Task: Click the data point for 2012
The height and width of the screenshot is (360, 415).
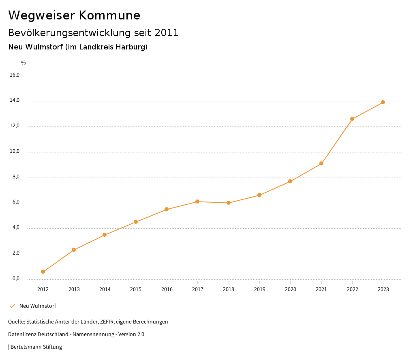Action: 43,272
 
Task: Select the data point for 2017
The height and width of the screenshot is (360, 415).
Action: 197,201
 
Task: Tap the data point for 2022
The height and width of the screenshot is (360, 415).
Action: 352,119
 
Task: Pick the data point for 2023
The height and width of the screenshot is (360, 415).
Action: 383,102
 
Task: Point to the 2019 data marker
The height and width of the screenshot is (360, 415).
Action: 259,195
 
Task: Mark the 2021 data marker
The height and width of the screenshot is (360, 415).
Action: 321,163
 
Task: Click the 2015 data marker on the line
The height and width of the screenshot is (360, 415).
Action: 136,222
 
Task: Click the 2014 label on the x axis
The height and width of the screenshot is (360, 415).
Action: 105,289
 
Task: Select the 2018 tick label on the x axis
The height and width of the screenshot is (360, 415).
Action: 229,289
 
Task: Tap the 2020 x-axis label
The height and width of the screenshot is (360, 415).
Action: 290,289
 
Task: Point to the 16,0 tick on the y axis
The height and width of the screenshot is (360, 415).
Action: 15,75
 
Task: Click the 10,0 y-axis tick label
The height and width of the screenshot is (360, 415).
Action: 15,152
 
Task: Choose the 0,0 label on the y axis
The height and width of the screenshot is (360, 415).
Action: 16,279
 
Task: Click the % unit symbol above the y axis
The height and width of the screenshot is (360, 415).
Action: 24,63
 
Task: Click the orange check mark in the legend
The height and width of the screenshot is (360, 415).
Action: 12,306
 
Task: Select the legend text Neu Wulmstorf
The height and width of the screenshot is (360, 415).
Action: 38,306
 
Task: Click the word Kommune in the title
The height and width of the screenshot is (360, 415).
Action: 109,15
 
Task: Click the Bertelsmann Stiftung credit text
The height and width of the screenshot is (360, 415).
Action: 36,347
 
